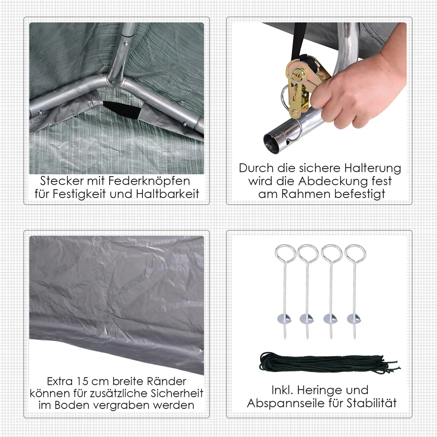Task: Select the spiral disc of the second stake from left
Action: coord(307,318)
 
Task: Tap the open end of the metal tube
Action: coord(273,140)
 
